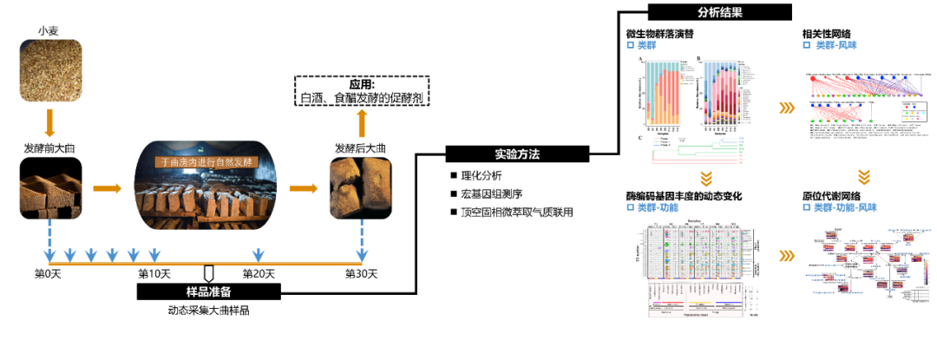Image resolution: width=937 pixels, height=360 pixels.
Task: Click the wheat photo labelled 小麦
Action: click(51, 69)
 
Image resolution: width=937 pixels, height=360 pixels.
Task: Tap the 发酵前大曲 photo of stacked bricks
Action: click(51, 186)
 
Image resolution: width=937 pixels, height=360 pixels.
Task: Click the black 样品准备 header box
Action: click(208, 291)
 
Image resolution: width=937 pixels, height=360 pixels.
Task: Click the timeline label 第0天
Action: click(49, 275)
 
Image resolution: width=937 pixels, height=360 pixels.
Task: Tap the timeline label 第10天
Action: click(154, 275)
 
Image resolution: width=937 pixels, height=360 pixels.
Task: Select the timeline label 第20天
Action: click(258, 275)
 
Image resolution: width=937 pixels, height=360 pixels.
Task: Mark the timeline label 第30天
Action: click(362, 275)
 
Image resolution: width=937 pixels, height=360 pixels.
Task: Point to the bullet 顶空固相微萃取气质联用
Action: click(517, 213)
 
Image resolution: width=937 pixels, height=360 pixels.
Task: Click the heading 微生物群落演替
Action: click(659, 34)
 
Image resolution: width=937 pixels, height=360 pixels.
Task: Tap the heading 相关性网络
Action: click(826, 34)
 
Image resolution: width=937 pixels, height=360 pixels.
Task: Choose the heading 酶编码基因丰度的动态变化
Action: click(684, 197)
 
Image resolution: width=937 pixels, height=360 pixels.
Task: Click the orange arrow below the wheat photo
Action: click(51, 122)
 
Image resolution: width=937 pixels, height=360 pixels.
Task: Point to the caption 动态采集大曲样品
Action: click(208, 310)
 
